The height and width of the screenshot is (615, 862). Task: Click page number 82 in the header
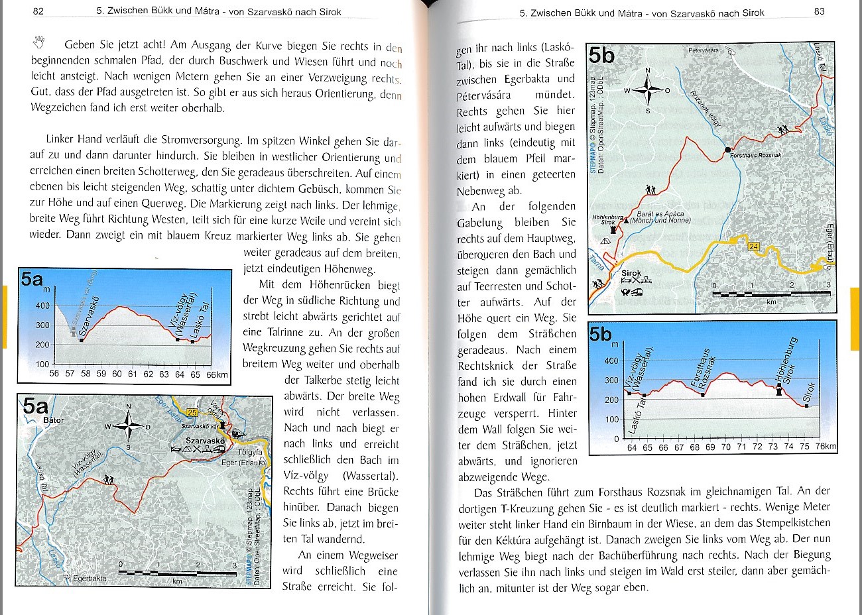(38, 11)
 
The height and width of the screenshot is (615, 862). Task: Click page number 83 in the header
(819, 11)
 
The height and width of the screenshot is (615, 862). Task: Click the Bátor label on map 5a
(53, 420)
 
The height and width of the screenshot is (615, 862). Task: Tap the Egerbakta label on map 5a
(90, 579)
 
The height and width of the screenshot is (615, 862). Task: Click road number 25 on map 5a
(192, 413)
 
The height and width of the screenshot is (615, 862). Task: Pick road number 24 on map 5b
(753, 247)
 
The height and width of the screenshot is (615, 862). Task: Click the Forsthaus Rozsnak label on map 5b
(755, 155)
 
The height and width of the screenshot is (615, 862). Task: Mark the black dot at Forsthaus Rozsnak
(727, 150)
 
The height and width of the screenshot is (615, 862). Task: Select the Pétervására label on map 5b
(704, 50)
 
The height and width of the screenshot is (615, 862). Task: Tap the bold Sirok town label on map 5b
(631, 273)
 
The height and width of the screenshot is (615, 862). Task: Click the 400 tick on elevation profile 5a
(42, 306)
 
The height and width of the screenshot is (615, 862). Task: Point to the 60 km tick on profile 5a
(117, 374)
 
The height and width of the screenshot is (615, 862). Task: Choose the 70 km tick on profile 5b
(726, 447)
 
